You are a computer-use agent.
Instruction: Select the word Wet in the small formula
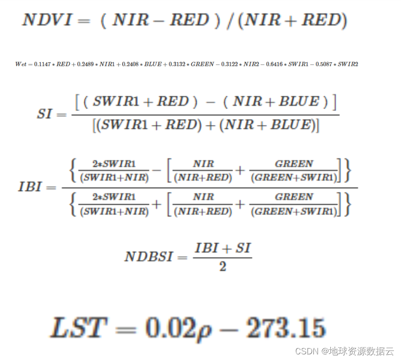pos(21,64)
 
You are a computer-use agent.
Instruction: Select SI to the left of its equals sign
pos(45,114)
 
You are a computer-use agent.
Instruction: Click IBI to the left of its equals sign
pos(30,187)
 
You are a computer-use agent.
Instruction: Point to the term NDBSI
pos(149,257)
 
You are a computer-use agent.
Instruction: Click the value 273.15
pos(284,328)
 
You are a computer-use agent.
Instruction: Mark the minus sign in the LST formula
pos(229,329)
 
